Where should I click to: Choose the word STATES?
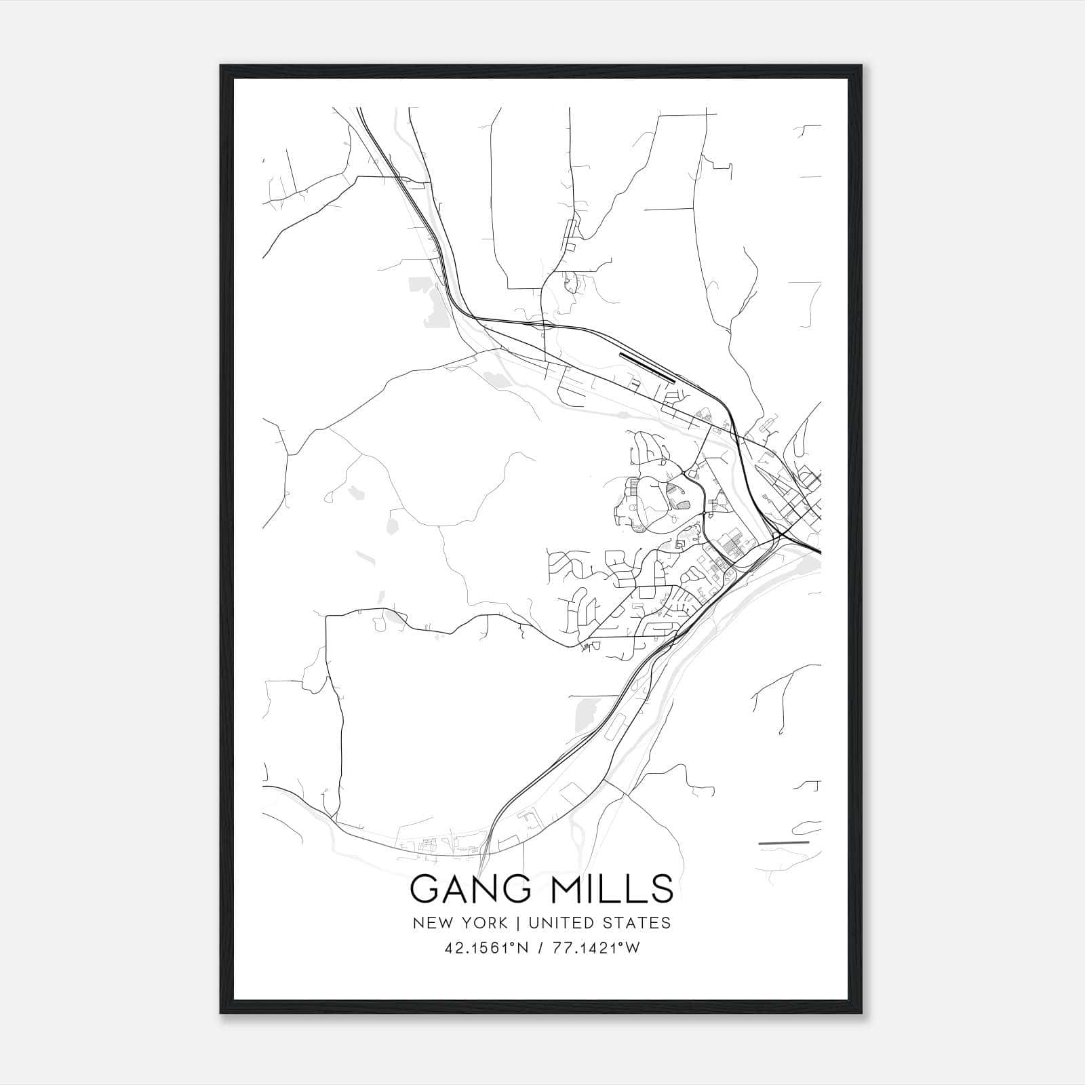(x=638, y=923)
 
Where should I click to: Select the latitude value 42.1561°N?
(x=483, y=947)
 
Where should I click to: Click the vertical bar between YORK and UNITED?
(x=517, y=923)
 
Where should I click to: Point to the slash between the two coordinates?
(x=540, y=947)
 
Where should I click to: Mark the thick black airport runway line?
(x=648, y=367)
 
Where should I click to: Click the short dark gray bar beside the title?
(x=784, y=843)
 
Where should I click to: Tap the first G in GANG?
(x=425, y=890)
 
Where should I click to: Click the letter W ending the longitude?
(x=632, y=947)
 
